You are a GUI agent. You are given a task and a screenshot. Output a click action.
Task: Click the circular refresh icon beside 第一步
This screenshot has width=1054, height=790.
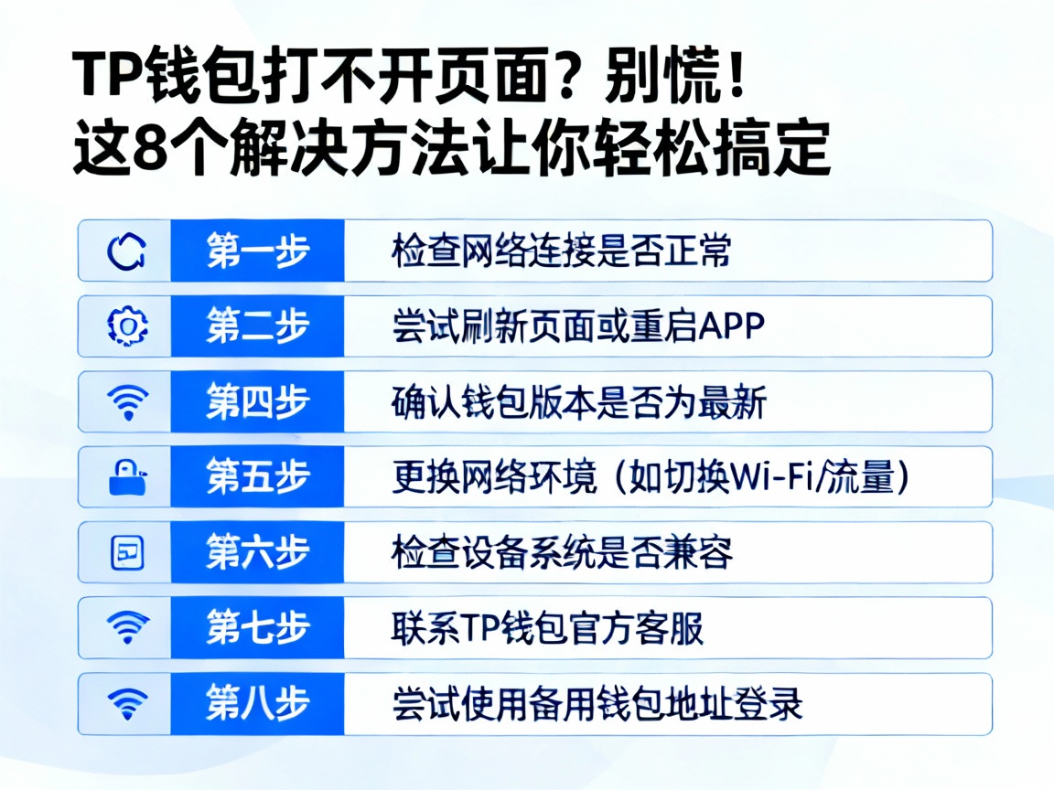pos(125,251)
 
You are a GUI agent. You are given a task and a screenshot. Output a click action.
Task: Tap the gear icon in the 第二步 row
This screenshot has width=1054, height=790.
pos(126,326)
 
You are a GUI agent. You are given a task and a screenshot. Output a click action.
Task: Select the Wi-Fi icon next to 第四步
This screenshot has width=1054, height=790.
pos(126,401)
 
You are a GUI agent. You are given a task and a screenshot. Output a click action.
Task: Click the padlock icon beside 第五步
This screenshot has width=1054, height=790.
pos(126,476)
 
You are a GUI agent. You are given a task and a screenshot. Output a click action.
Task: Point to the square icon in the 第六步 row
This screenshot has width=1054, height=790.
pos(126,552)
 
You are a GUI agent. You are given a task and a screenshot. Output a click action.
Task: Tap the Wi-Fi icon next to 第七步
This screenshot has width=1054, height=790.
pos(126,627)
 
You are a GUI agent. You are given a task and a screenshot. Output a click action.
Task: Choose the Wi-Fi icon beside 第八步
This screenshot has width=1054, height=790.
pos(126,703)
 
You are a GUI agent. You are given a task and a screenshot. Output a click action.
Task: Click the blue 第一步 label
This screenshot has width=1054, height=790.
pos(257,251)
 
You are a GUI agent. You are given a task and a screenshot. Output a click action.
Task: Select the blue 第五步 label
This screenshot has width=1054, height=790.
pos(257,476)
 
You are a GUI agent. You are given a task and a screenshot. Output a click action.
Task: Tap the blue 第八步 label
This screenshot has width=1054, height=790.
pos(257,703)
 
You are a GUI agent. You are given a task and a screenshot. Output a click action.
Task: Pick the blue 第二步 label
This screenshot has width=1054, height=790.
pos(257,326)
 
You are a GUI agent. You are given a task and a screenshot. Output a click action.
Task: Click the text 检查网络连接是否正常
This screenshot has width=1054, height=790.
pos(562,251)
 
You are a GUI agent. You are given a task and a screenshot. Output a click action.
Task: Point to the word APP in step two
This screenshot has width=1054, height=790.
pos(731,326)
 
